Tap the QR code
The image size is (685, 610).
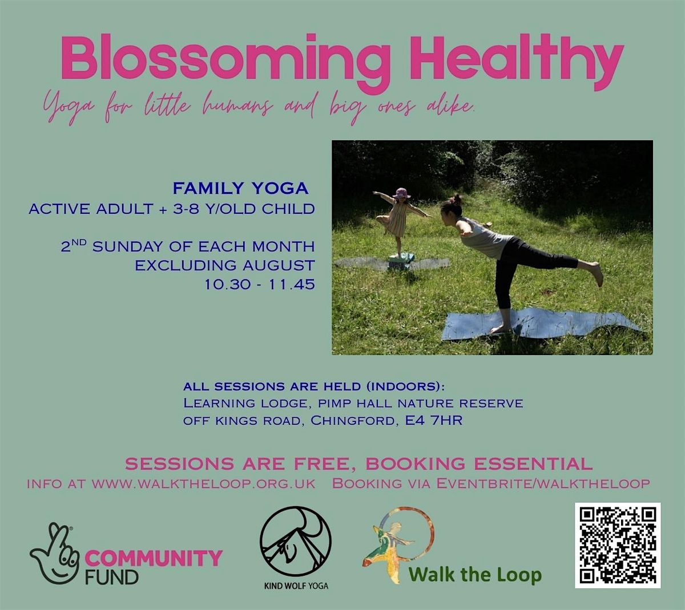point(618,545)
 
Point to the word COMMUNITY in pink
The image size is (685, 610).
point(153,558)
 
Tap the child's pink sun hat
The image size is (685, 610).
point(401,193)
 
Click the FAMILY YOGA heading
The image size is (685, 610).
point(241,188)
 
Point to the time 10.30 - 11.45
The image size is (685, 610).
point(260,284)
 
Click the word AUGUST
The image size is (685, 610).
point(278,266)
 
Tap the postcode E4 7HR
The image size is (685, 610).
point(433,421)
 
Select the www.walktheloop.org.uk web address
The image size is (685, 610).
point(204,483)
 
